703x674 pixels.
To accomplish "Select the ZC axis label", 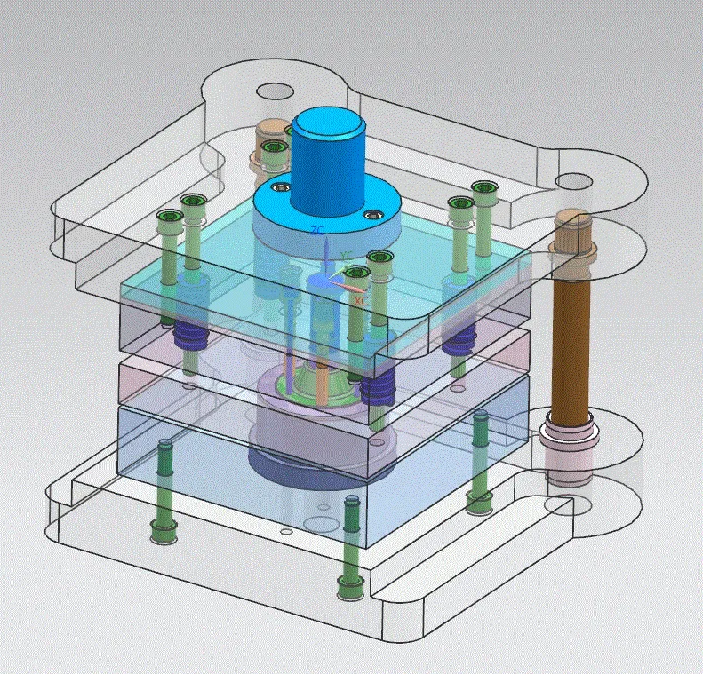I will pos(316,231).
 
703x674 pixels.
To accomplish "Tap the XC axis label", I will pos(361,302).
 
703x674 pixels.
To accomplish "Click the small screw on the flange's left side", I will pos(281,188).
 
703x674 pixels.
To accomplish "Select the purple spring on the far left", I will pos(188,336).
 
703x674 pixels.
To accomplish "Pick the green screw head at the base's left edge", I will pos(163,532).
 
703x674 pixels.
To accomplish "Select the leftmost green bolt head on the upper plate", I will pos(167,217).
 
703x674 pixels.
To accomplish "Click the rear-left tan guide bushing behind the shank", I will pos(267,142).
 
